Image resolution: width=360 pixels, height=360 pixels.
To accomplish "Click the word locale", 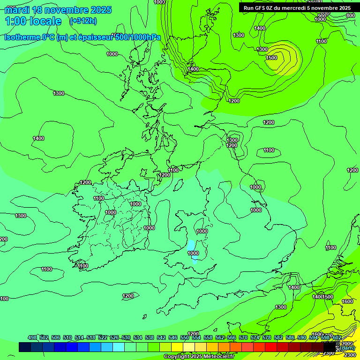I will pos(46,21).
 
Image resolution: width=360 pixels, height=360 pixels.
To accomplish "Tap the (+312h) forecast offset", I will pos(83,21).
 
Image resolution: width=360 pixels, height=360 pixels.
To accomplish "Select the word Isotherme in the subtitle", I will pos(22,37).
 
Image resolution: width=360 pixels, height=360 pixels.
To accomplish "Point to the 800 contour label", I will pos(350,15).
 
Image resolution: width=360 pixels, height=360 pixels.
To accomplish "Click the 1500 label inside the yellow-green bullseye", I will pos(271,58).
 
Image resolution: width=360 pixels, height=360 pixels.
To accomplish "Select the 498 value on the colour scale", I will pos(32,337).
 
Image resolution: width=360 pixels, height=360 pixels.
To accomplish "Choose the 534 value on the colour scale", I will pos(138,337).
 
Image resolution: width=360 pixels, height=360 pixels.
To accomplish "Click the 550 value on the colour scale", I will pos(185,337).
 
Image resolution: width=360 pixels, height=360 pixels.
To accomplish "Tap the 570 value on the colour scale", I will pos(243,337).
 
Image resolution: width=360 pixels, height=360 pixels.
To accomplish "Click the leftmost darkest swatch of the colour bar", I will pos(25,347).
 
